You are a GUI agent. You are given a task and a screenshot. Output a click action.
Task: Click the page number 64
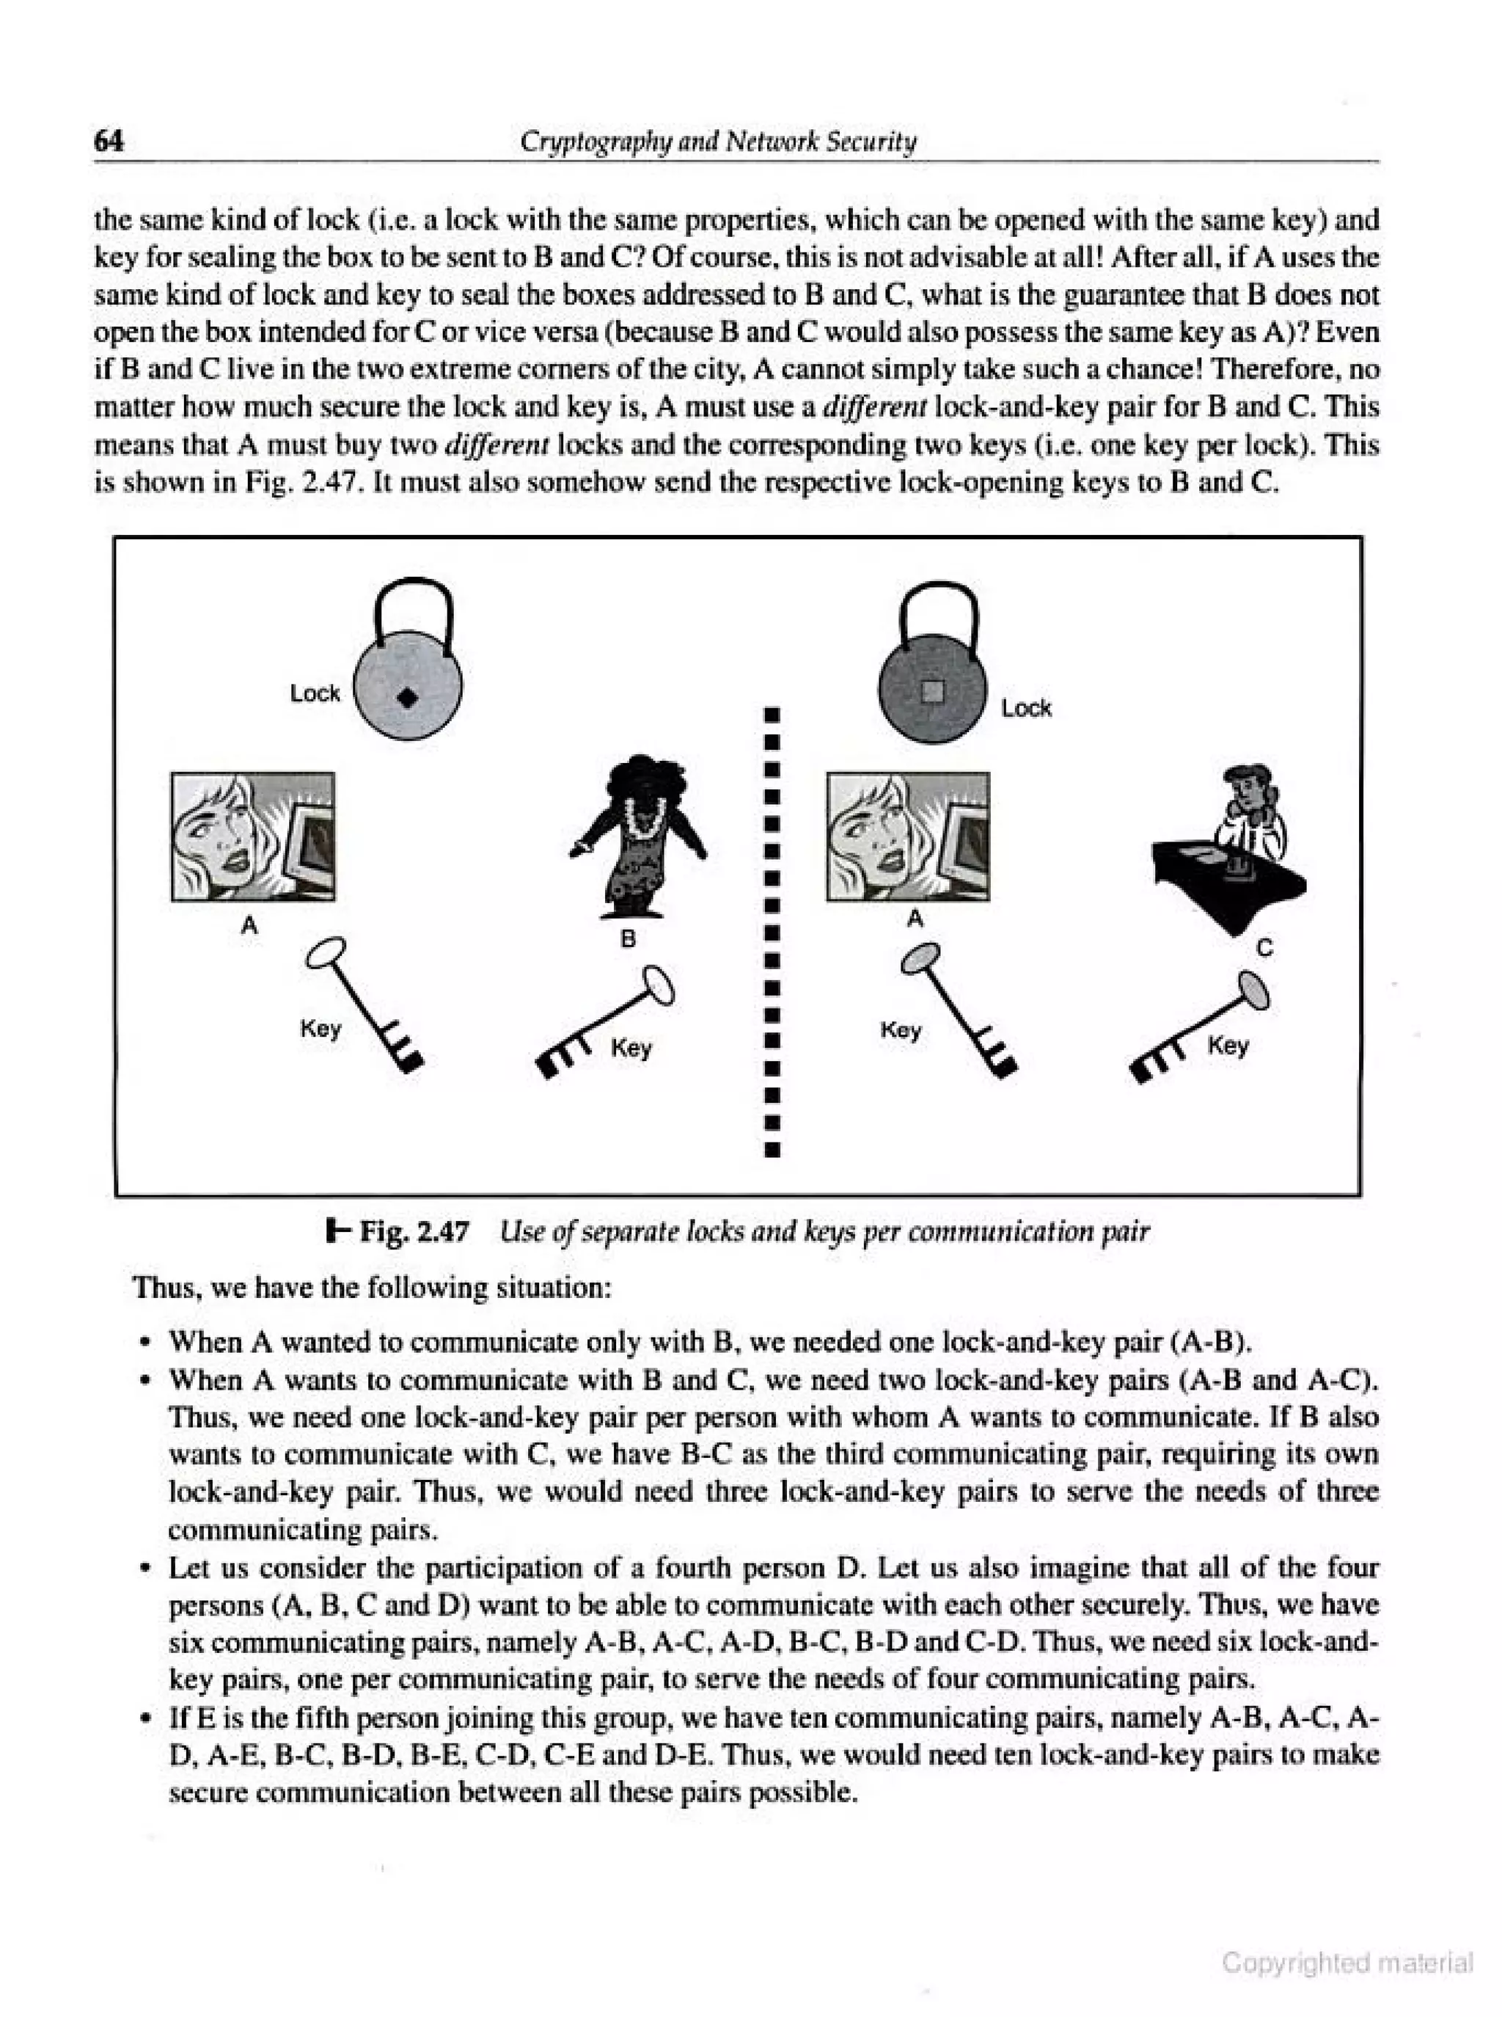[x=109, y=141]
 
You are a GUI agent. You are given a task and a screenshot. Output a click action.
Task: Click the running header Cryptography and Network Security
[x=717, y=142]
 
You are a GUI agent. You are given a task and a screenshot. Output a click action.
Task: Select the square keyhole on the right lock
[x=933, y=691]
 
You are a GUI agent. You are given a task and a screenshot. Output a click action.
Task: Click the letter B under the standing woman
[x=627, y=939]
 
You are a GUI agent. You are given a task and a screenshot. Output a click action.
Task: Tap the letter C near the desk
[x=1264, y=949]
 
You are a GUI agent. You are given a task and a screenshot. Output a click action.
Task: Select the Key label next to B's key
[x=631, y=1048]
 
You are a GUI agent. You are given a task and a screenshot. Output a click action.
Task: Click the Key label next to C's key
[x=1228, y=1046]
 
